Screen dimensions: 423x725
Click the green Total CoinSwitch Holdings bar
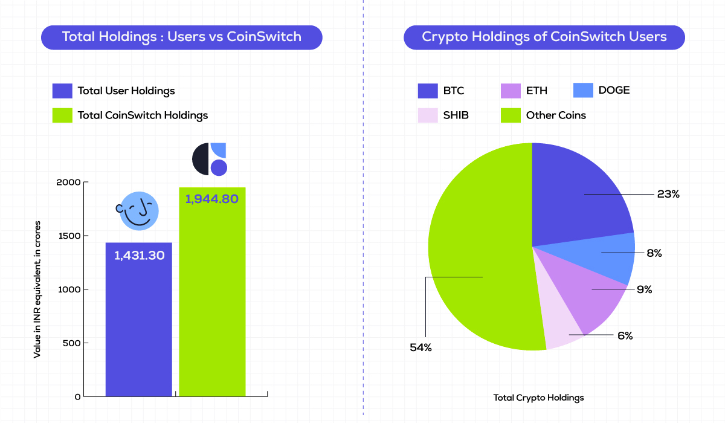pos(212,302)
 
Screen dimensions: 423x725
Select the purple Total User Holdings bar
pos(139,326)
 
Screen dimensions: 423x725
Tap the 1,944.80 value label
pos(212,198)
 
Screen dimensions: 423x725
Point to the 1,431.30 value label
pos(139,255)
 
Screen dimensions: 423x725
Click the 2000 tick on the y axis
pos(69,182)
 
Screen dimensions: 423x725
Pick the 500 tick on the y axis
pos(72,343)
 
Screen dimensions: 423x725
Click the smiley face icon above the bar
pos(138,211)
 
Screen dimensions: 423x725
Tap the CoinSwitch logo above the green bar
pos(210,159)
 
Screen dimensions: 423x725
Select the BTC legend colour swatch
pos(428,91)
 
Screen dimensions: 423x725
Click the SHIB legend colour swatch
pos(428,115)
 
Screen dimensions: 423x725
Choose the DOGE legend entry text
pos(614,90)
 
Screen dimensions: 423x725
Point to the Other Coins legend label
pos(556,115)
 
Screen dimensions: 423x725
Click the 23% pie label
pos(669,195)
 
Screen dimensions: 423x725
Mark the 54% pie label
pos(420,347)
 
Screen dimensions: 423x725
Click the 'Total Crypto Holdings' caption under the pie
pos(538,398)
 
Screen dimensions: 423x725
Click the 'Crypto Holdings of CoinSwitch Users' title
pos(544,37)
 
